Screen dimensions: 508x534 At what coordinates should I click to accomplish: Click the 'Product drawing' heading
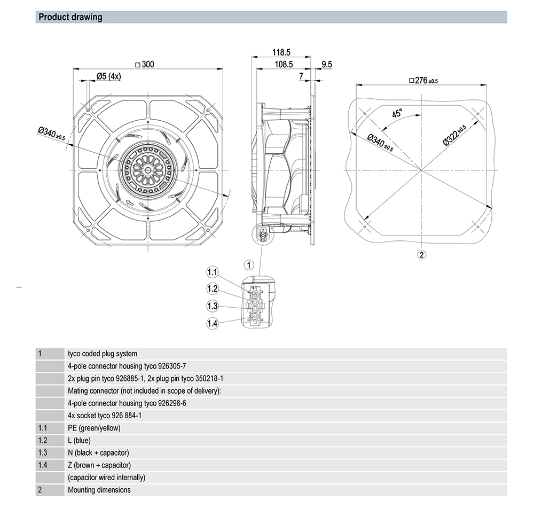click(x=70, y=17)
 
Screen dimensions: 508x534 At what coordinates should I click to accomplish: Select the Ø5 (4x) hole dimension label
click(x=109, y=76)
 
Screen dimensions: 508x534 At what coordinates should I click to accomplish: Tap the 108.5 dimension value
click(x=284, y=65)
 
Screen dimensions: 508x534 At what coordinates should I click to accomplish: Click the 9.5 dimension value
click(x=326, y=65)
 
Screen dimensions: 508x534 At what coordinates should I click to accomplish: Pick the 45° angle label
click(x=397, y=114)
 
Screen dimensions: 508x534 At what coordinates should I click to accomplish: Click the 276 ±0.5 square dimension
click(x=423, y=81)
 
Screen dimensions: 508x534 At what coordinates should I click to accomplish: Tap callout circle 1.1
click(x=213, y=272)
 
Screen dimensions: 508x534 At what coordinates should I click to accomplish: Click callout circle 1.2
click(x=213, y=289)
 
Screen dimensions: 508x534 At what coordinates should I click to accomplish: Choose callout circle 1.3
click(x=213, y=306)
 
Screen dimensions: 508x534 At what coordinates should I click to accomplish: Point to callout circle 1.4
click(x=213, y=323)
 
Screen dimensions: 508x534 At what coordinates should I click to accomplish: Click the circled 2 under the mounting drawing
click(x=421, y=254)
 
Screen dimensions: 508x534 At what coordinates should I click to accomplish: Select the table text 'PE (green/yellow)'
click(x=95, y=428)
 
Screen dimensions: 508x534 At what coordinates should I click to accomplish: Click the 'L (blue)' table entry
click(x=80, y=441)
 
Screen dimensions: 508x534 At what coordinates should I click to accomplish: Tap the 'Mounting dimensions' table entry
click(x=99, y=490)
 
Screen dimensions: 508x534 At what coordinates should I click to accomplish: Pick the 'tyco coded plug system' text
click(x=103, y=354)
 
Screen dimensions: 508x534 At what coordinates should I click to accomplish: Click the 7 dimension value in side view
click(x=301, y=76)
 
